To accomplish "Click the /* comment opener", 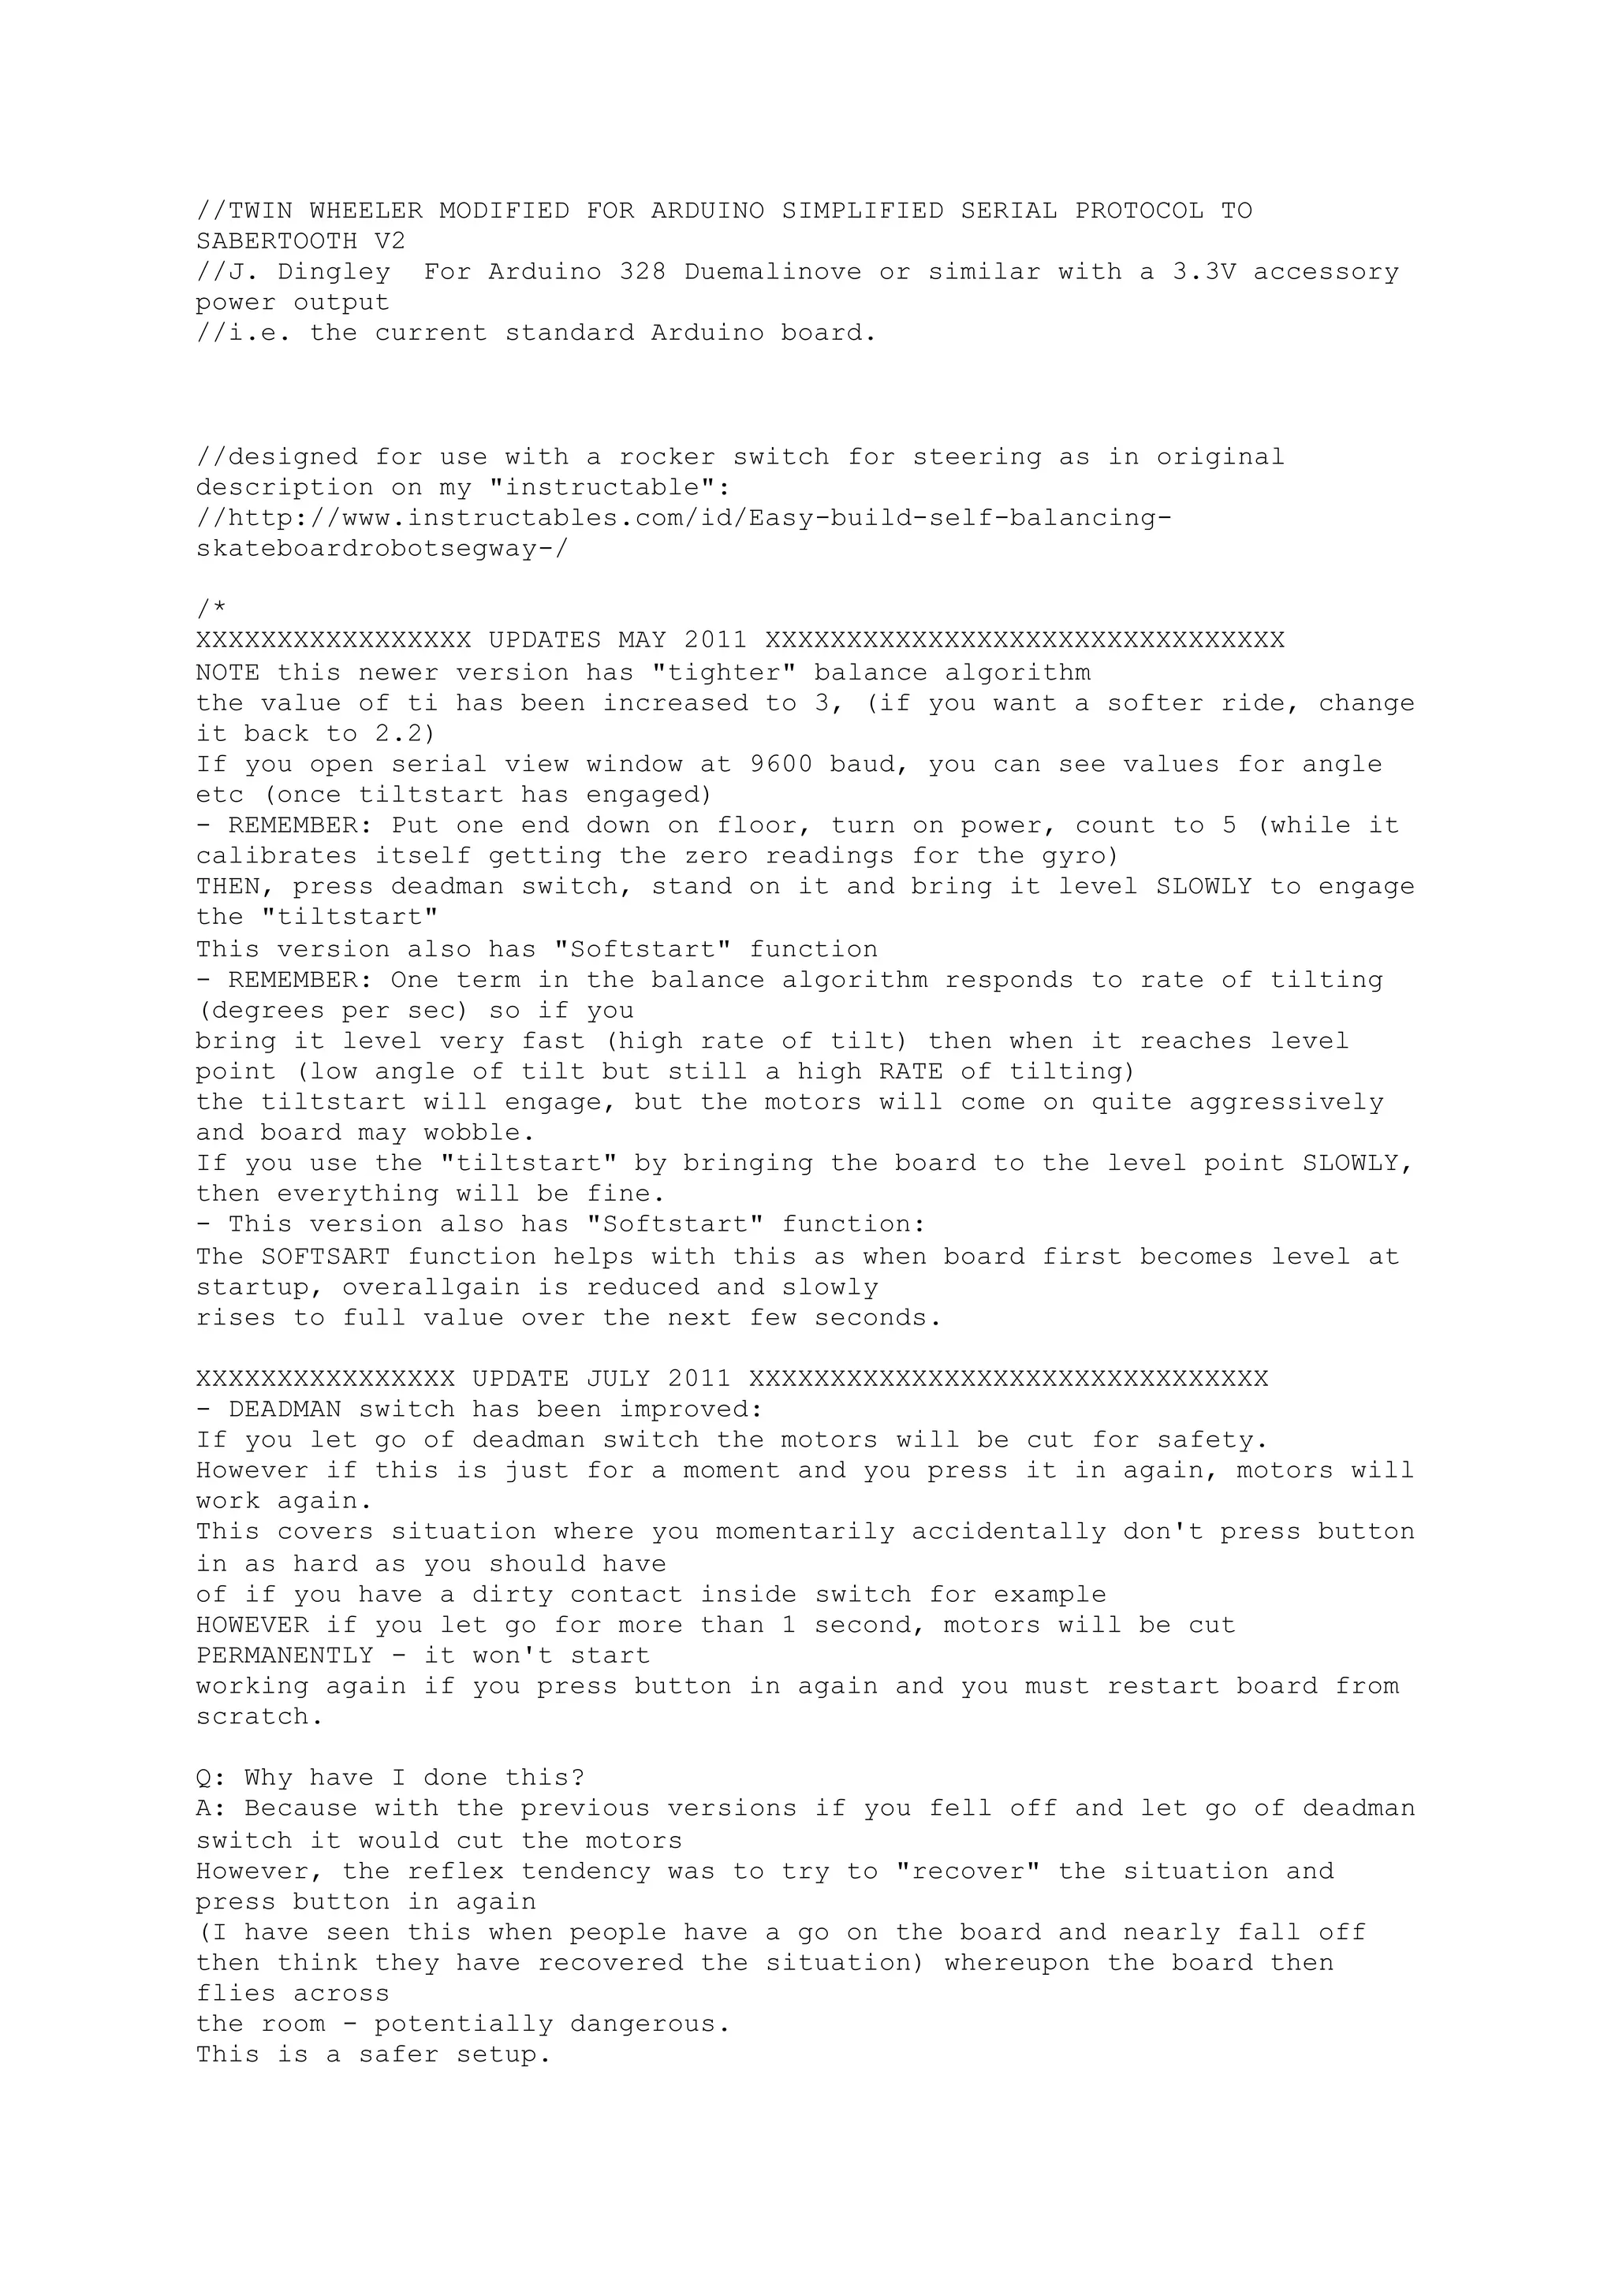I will (211, 609).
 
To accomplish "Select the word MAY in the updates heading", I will (641, 639).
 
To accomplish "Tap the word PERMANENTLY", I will (285, 1655).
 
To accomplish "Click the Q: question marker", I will (211, 1777).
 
